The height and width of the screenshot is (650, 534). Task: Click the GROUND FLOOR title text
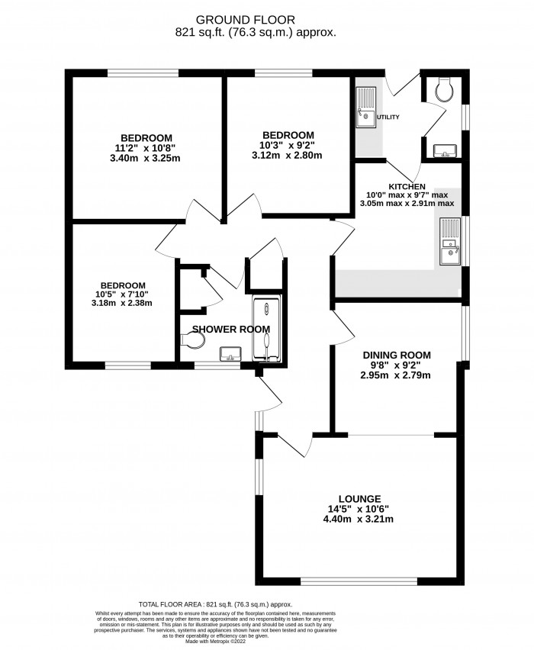(267, 18)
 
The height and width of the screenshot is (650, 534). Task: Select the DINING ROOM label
(396, 355)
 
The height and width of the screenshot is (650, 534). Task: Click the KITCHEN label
(407, 187)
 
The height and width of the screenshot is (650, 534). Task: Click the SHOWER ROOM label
(231, 329)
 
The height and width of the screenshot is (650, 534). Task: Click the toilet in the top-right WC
(443, 91)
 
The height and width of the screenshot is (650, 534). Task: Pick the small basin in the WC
(443, 150)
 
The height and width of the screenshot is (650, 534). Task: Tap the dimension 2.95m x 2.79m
(396, 375)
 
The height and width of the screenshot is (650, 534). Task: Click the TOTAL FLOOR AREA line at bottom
(266, 602)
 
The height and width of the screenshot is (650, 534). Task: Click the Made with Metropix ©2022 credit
(266, 643)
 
